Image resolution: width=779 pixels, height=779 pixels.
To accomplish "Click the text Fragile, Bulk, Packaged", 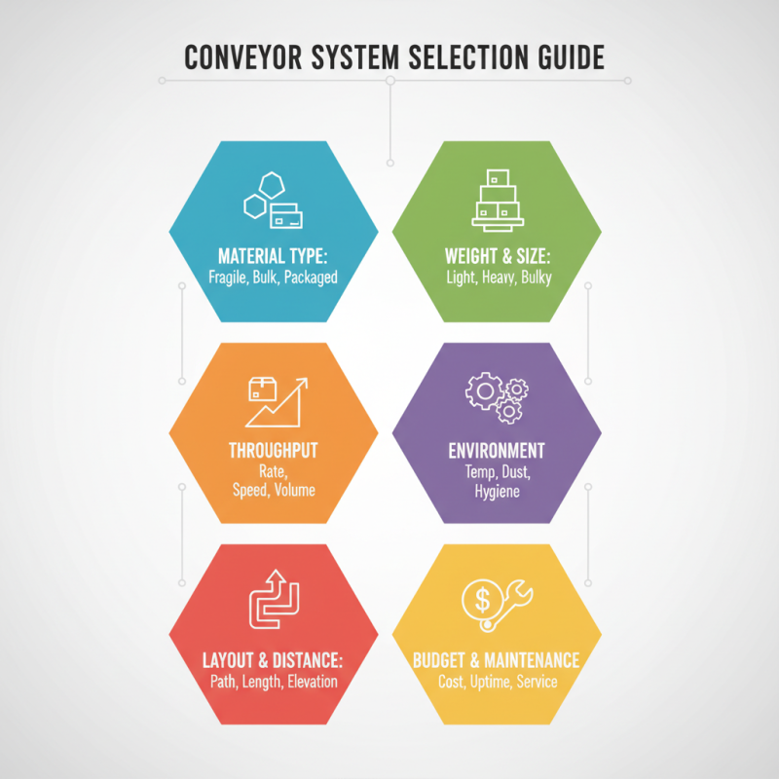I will click(273, 277).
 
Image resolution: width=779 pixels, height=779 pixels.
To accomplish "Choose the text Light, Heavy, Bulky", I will click(497, 277).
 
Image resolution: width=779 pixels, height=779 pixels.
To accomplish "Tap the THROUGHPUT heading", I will click(273, 451).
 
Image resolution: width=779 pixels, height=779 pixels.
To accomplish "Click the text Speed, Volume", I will click(273, 490).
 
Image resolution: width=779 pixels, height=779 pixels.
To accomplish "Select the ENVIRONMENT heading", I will click(497, 451).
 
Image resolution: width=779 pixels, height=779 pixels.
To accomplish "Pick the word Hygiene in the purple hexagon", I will click(497, 492).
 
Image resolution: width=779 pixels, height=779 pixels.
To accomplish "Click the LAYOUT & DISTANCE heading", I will click(273, 660).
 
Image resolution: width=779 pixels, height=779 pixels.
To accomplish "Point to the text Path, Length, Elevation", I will click(274, 681).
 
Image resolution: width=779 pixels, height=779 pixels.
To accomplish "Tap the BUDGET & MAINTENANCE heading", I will click(497, 660).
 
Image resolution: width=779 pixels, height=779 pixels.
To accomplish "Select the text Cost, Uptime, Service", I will click(497, 681).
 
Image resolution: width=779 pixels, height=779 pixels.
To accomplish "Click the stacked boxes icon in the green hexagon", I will click(497, 200).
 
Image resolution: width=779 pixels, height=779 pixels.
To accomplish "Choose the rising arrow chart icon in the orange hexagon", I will click(276, 400).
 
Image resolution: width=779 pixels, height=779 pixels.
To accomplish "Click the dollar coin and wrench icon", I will click(496, 605).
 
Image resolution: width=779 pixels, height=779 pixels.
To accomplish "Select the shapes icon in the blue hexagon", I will click(273, 201).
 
